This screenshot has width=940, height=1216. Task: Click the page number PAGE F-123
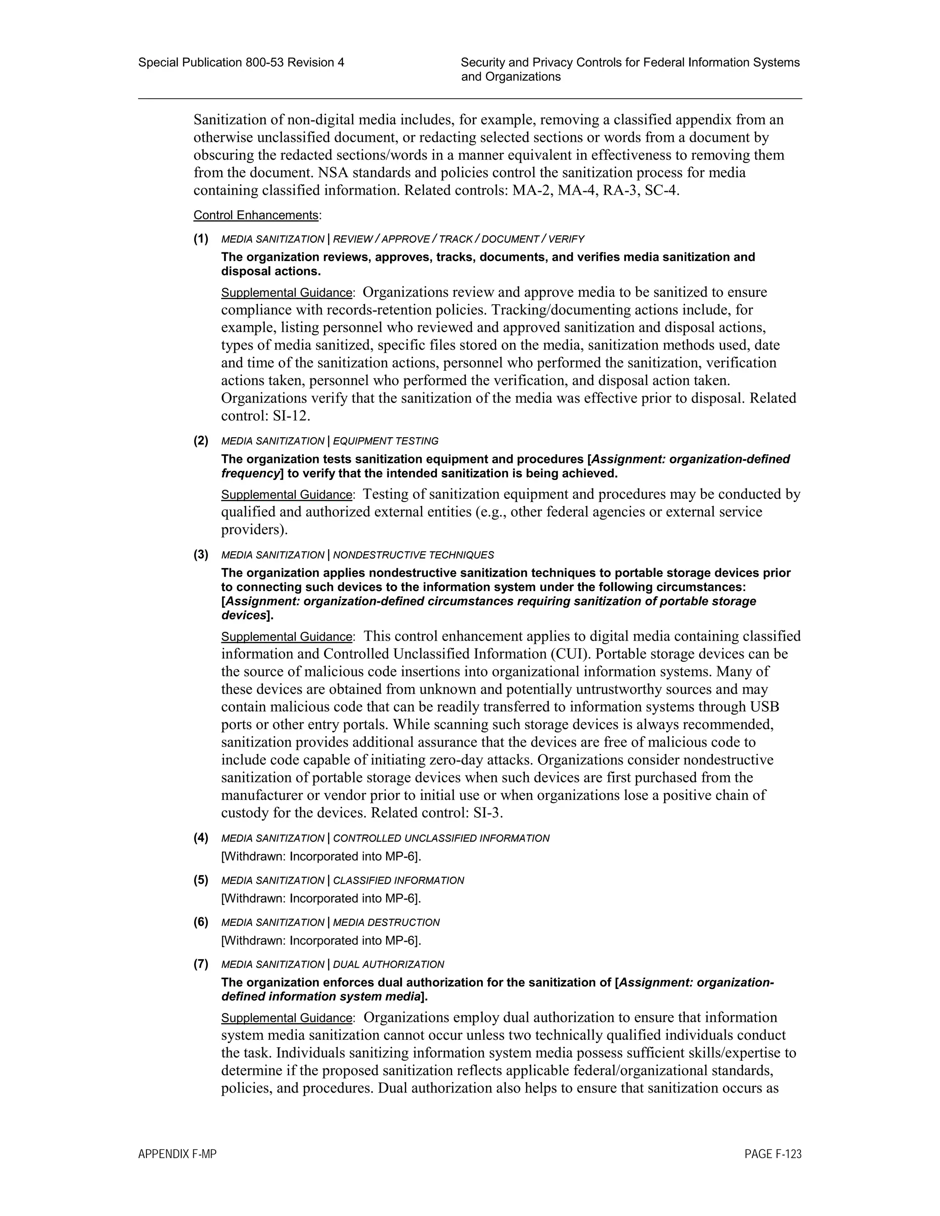point(772,1154)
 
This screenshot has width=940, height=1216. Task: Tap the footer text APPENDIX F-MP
point(177,1154)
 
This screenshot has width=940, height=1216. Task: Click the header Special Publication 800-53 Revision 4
point(241,62)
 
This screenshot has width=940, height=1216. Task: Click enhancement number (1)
point(201,239)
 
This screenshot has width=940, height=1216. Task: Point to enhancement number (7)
point(201,964)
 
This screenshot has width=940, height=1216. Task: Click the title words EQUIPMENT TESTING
point(386,441)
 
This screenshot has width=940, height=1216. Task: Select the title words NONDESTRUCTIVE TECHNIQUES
point(413,555)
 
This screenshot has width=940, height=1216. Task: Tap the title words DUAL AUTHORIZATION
point(388,965)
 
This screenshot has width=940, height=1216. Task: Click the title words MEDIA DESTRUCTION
point(386,923)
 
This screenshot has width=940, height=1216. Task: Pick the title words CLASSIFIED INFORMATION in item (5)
point(398,880)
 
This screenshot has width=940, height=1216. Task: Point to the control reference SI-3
point(487,813)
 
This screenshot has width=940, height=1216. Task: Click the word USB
point(765,707)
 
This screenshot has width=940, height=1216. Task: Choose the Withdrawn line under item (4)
point(321,856)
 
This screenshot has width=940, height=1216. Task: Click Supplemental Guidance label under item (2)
point(287,494)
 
